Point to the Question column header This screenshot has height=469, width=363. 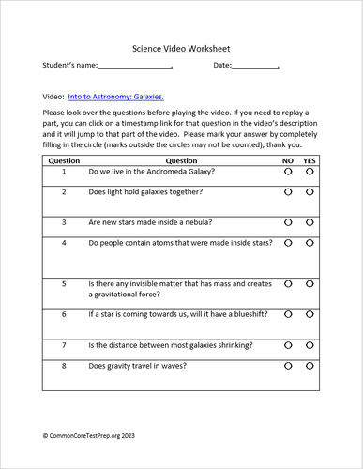[181, 161]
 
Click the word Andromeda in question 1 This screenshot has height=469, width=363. [173, 172]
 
